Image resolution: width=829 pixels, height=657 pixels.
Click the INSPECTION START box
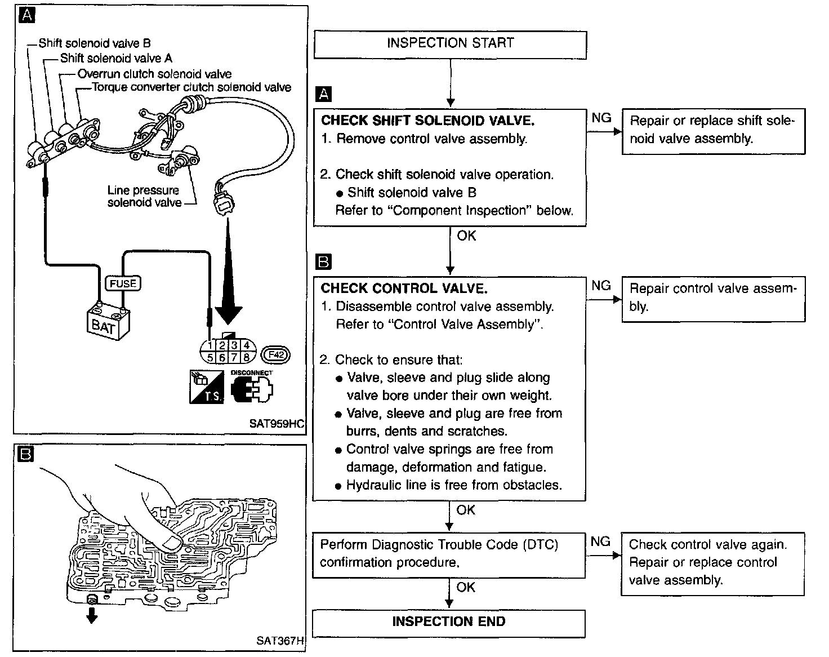(450, 44)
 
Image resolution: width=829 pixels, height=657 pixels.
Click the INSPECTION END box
(449, 622)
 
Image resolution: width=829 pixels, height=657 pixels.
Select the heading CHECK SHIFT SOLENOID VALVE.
(427, 121)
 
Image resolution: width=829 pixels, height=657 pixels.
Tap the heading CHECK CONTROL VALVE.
(403, 288)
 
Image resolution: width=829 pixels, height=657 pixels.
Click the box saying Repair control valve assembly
(713, 298)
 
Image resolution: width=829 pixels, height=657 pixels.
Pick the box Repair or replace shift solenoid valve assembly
(713, 130)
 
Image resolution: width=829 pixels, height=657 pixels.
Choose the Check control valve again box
(712, 562)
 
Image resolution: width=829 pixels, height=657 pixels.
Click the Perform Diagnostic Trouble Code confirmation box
(449, 554)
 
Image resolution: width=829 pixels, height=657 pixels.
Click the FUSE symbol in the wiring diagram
(123, 283)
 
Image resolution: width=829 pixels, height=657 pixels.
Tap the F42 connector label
(277, 354)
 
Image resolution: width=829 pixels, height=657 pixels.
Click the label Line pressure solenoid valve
(144, 197)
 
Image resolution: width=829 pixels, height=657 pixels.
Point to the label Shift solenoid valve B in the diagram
(95, 43)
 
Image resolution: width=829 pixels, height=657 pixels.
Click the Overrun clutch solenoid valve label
(154, 74)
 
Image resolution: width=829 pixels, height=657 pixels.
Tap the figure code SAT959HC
(276, 423)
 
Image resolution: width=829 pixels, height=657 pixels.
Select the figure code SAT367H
(279, 641)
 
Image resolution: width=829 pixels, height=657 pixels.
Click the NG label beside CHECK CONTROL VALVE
(601, 286)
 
